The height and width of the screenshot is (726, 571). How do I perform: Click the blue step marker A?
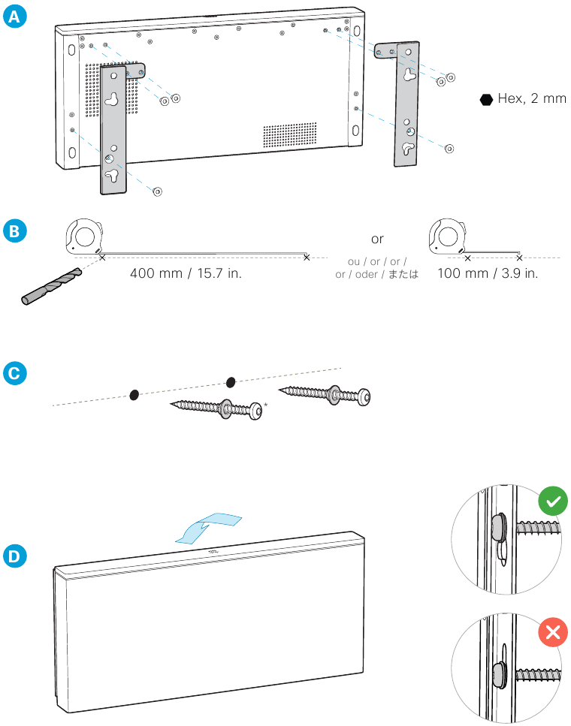pyautogui.click(x=14, y=17)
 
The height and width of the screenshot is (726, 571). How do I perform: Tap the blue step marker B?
pyautogui.click(x=14, y=231)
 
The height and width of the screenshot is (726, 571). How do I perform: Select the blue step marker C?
pyautogui.click(x=14, y=374)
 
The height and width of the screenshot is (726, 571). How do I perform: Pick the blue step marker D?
pyautogui.click(x=14, y=556)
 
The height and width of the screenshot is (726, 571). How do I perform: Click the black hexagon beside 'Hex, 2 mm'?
pyautogui.click(x=486, y=100)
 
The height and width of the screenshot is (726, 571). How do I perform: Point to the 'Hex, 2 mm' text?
pyautogui.click(x=532, y=98)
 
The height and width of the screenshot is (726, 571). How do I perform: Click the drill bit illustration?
pyautogui.click(x=51, y=286)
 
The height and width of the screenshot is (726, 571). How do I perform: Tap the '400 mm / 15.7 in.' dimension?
pyautogui.click(x=186, y=273)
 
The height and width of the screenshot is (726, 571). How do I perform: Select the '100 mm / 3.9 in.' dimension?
pyautogui.click(x=488, y=273)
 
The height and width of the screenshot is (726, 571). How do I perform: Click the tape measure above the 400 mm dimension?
pyautogui.click(x=84, y=236)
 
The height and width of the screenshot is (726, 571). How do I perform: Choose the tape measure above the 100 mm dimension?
pyautogui.click(x=447, y=236)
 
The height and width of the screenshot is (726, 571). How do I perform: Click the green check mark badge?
pyautogui.click(x=553, y=501)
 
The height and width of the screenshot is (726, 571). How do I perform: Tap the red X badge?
pyautogui.click(x=553, y=632)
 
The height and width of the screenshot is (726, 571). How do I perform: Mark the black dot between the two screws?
pyautogui.click(x=231, y=382)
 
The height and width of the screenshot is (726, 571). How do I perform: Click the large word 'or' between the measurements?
pyautogui.click(x=377, y=239)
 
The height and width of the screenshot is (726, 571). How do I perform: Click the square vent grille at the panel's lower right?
pyautogui.click(x=290, y=134)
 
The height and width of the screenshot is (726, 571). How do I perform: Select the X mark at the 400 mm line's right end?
pyautogui.click(x=307, y=258)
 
